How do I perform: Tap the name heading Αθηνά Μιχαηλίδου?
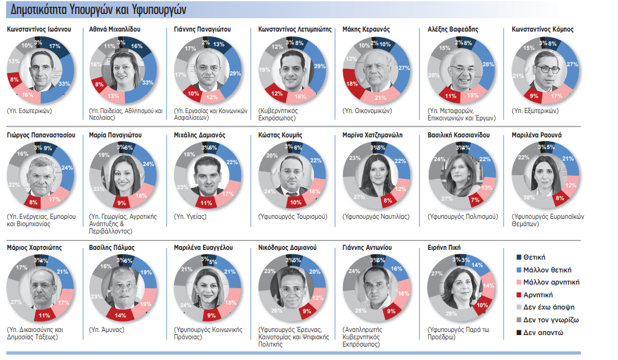point(117,29)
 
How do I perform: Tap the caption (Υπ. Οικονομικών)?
point(367,111)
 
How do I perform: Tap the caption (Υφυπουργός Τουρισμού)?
point(293,216)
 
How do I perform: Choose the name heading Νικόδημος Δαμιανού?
point(287,248)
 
